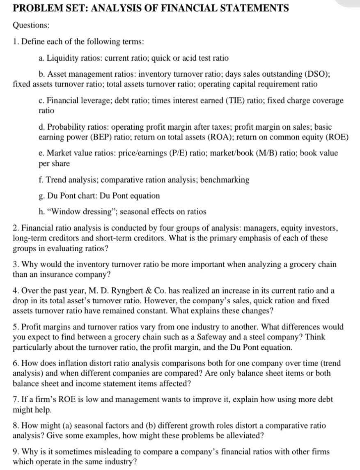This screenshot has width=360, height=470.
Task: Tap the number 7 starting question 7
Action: click(15, 399)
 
